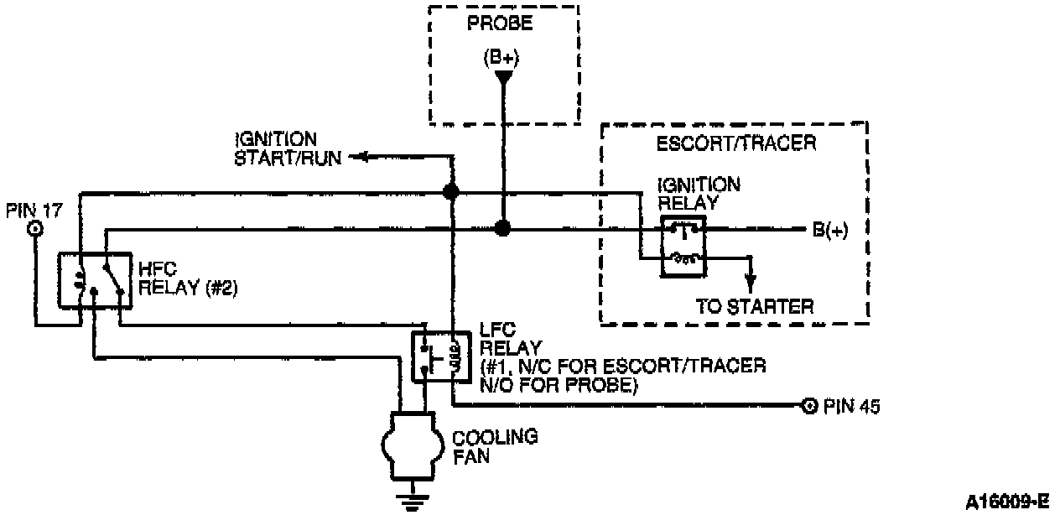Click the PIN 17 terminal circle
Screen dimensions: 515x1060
coord(35,229)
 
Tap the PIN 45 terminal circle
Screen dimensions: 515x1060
coord(808,406)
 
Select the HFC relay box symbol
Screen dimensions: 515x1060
coord(92,279)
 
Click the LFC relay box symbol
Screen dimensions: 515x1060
coord(437,357)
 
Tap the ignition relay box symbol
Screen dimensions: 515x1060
coord(683,246)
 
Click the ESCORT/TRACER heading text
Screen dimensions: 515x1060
coord(735,144)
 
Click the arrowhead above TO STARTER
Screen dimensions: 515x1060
coord(751,278)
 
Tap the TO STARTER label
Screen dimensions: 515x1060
coord(754,306)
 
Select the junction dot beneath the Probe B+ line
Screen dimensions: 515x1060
coord(502,228)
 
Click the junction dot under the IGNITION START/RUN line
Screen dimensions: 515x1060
coord(451,192)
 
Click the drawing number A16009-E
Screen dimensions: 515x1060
coord(1007,502)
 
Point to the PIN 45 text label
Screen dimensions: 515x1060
coord(851,407)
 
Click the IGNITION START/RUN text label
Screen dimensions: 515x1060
coord(288,148)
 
